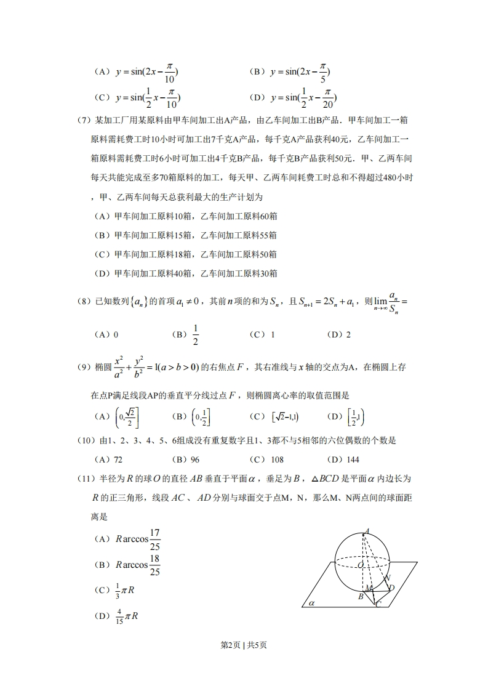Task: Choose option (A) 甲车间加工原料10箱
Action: [x=185, y=216]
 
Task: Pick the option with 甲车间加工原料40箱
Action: [x=185, y=273]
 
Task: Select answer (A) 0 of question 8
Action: [x=106, y=334]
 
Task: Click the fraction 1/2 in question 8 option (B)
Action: [x=195, y=334]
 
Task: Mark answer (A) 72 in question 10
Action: [x=109, y=459]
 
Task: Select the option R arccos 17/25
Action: [x=129, y=539]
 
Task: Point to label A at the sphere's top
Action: [x=367, y=530]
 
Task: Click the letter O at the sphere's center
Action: [x=360, y=564]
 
